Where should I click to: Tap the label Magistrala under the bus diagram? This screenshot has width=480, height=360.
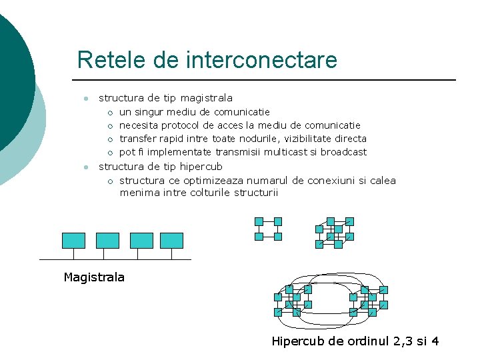tap(94, 277)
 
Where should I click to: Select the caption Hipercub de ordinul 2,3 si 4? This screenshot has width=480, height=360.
tap(355, 341)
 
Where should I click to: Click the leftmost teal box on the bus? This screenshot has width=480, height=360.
tap(73, 241)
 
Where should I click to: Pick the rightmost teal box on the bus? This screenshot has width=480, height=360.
tap(171, 241)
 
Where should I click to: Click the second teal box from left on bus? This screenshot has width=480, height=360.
tap(107, 241)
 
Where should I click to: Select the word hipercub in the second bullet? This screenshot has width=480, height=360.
tap(201, 166)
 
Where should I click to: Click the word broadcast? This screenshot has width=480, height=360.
tap(343, 152)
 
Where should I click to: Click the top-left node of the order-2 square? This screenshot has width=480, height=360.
tap(259, 221)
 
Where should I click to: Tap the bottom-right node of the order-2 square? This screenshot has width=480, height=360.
tap(278, 236)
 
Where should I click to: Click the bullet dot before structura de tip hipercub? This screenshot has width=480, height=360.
tap(85, 167)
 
